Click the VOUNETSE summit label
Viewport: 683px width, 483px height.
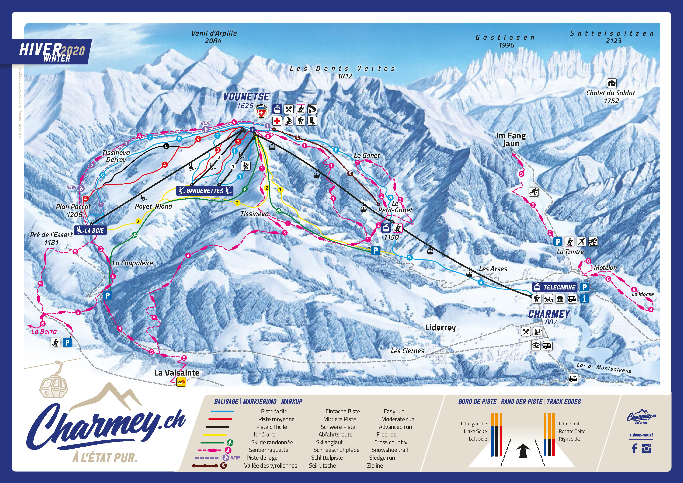[x=246, y=97]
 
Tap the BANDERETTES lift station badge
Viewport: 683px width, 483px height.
[x=205, y=191]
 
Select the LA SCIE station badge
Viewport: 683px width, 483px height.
[x=90, y=230]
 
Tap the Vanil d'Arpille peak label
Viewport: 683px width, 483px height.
[x=214, y=37]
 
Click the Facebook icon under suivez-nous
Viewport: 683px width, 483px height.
[x=634, y=449]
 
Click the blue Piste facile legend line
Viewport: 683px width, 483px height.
[x=223, y=412]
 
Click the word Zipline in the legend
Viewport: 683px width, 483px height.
[x=375, y=465]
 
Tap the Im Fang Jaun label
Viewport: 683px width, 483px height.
[x=511, y=139]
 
